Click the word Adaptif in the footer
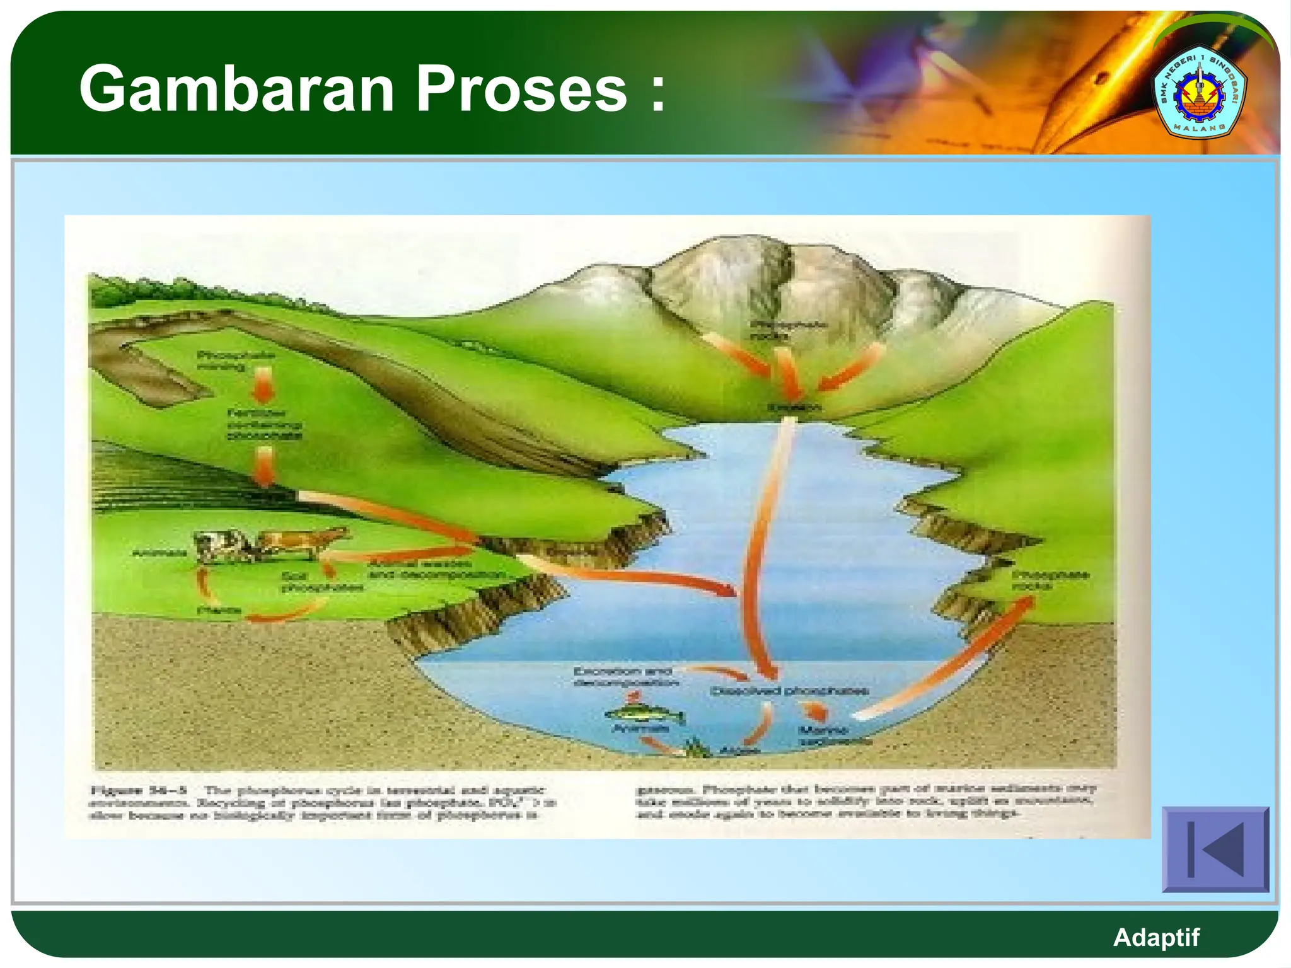click(x=1156, y=937)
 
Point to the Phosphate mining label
click(x=236, y=360)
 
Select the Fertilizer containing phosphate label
click(x=264, y=423)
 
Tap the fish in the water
click(x=644, y=715)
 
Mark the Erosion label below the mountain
click(x=794, y=407)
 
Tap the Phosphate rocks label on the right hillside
click(x=1050, y=580)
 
